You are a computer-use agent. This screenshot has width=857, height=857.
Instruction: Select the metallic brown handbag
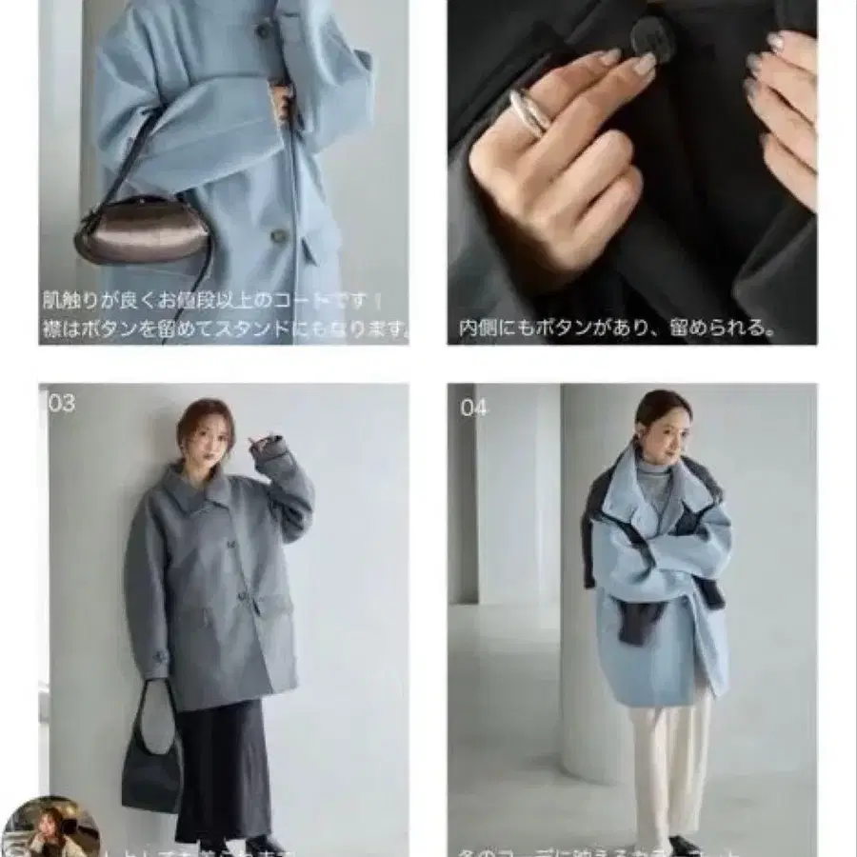point(141,230)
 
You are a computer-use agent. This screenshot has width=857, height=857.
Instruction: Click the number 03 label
point(61,404)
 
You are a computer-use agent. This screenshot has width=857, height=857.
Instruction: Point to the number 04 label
point(473,408)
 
